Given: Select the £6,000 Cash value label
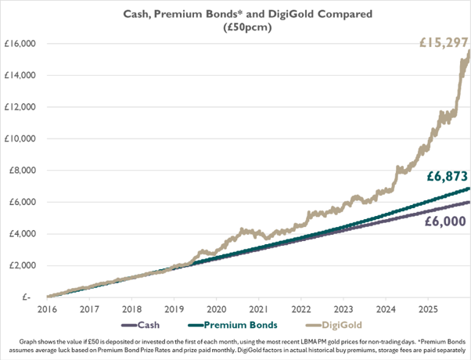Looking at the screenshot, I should [447, 221].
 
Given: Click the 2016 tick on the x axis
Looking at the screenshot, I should [47, 309].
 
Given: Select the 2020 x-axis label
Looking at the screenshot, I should [215, 309].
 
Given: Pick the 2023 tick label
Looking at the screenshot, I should [342, 309].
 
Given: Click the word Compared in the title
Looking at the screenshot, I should [323, 13].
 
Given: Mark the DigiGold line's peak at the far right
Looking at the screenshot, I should [468, 51].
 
